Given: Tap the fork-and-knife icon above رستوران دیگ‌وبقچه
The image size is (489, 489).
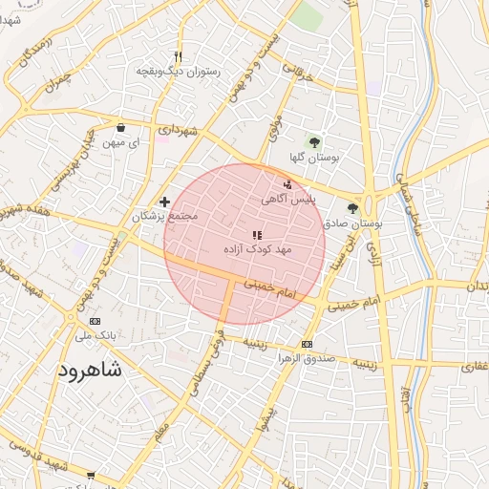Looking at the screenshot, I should tap(179, 56).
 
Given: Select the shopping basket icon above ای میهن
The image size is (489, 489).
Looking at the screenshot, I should tap(120, 128).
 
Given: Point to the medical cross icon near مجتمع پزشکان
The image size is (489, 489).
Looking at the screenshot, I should tap(165, 202).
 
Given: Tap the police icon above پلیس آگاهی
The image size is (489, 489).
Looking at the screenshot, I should tap(288, 184).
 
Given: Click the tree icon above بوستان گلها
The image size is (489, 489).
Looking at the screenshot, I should tap(316, 142).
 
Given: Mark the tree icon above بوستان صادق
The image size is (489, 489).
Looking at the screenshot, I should tap(352, 207).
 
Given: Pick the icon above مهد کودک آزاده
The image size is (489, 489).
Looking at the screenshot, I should tap(255, 234).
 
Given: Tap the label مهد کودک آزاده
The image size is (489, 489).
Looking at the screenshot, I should tap(255, 248).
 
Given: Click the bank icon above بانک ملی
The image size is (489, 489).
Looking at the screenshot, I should tap(95, 322).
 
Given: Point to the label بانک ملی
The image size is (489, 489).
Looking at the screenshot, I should tap(95, 336).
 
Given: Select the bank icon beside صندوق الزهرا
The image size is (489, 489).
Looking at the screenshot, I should tap(307, 345).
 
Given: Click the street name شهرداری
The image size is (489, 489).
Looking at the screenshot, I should tap(179, 127).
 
